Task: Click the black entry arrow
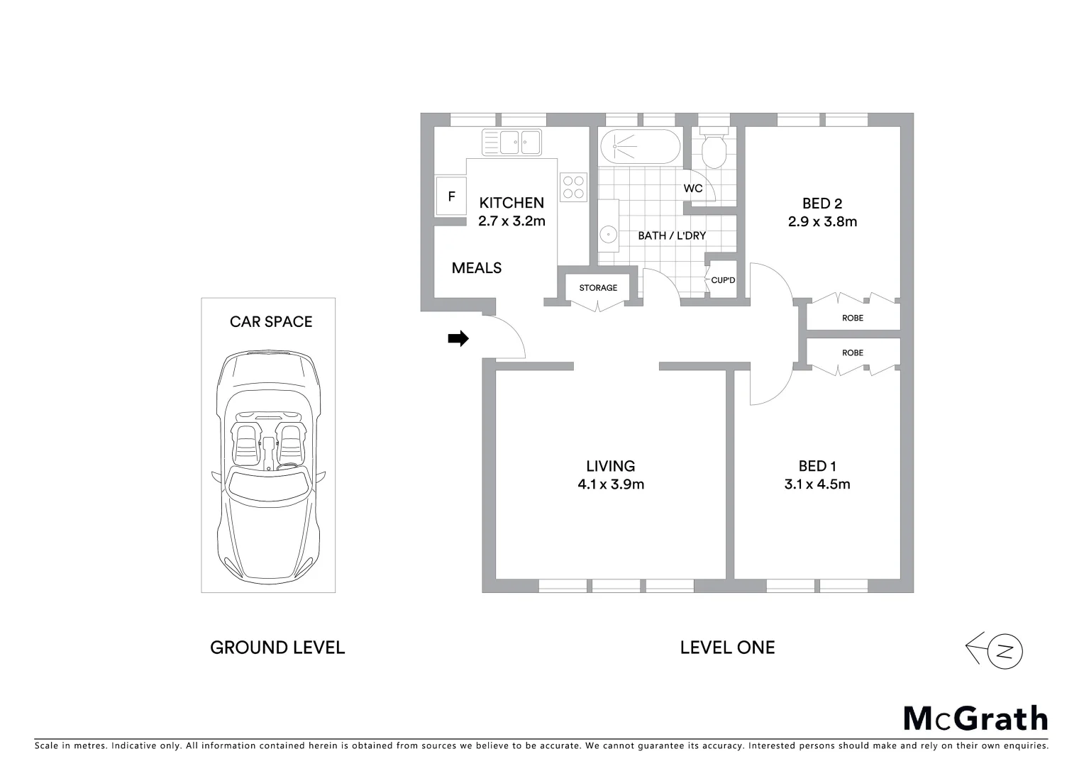(458, 339)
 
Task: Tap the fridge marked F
(450, 196)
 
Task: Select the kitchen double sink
(512, 142)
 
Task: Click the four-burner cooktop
(573, 187)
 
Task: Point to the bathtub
(640, 147)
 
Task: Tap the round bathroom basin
(607, 234)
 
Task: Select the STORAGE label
(598, 288)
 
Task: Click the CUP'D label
(723, 281)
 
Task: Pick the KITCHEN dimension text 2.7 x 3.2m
(511, 221)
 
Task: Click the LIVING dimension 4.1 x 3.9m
(611, 485)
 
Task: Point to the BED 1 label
(817, 466)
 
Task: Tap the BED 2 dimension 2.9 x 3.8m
(822, 222)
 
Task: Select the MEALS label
(477, 268)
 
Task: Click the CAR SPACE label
(271, 322)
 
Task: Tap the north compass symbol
(1003, 650)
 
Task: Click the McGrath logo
(975, 718)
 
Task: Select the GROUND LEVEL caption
(277, 648)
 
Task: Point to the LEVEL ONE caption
(727, 648)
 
